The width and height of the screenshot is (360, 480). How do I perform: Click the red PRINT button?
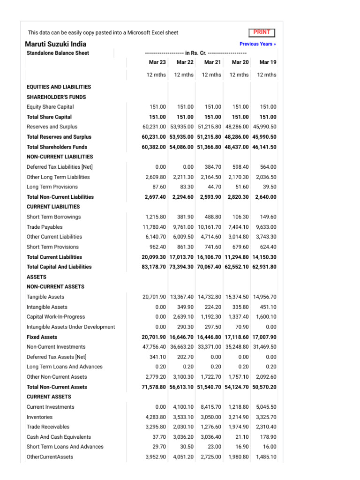[262, 32]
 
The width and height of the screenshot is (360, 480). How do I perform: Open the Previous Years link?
[257, 44]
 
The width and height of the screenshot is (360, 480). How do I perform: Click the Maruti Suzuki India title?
[55, 44]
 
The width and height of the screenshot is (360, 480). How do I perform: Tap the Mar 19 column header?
[268, 62]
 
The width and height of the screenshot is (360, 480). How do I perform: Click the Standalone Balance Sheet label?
[58, 53]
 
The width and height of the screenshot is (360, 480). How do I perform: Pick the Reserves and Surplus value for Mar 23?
[154, 127]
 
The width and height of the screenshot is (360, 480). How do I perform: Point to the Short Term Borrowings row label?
[53, 217]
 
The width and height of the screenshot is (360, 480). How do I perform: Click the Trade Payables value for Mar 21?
[210, 227]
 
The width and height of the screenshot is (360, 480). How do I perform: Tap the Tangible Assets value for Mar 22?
[182, 297]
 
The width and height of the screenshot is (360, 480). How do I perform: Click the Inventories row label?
[39, 417]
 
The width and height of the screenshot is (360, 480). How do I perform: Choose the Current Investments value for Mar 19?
[265, 407]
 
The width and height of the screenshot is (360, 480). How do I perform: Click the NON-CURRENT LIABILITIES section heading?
[60, 157]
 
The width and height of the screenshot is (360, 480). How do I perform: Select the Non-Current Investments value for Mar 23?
[154, 347]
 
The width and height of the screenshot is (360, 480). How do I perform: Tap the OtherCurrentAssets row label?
[50, 457]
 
